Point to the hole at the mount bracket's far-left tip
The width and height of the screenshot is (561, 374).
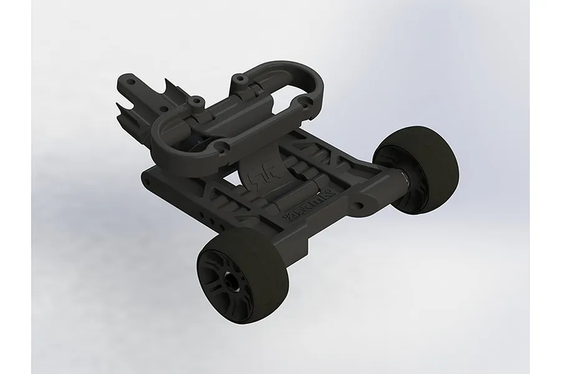130,80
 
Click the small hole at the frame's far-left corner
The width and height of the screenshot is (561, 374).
149,181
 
